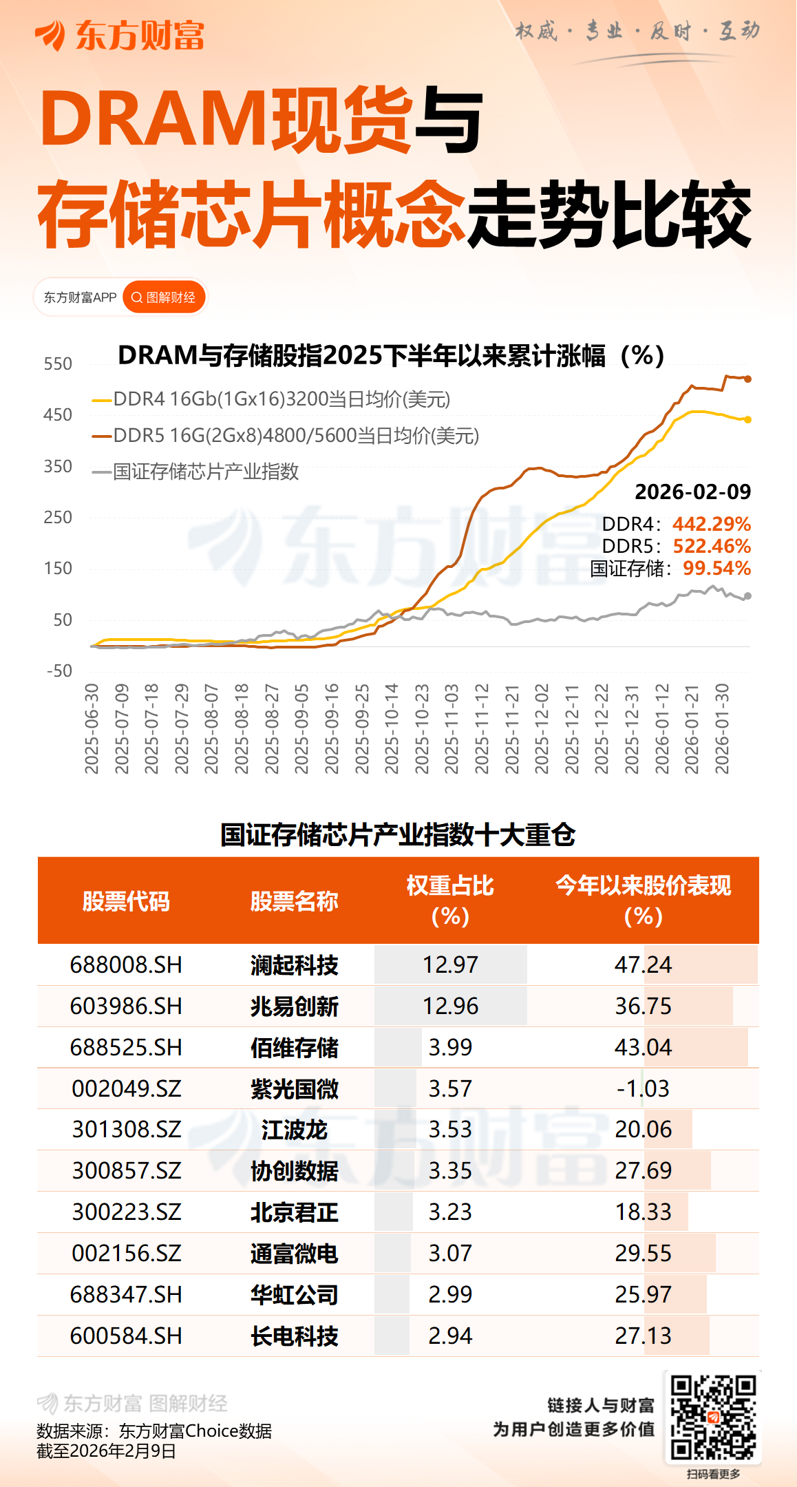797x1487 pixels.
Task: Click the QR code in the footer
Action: click(713, 1417)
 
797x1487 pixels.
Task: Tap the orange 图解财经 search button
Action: click(164, 297)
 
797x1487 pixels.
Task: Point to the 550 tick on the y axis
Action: click(58, 364)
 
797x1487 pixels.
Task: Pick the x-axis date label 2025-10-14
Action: click(392, 728)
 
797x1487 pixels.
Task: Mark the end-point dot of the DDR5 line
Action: click(748, 379)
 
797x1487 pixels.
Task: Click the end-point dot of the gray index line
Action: click(748, 596)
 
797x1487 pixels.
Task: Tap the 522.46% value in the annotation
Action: click(712, 546)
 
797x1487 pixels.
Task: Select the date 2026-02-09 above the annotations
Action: click(692, 492)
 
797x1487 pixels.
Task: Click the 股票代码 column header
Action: click(126, 900)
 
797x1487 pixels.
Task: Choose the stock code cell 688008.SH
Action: click(126, 964)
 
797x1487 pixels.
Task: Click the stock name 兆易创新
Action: click(294, 1006)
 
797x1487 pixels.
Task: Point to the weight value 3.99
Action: click(450, 1047)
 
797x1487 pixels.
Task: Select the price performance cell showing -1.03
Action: click(643, 1088)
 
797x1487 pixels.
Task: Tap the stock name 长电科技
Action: click(294, 1336)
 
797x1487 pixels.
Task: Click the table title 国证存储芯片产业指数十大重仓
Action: click(398, 834)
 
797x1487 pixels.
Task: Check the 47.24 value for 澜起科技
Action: click(643, 964)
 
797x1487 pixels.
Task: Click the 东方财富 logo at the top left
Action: click(120, 35)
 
